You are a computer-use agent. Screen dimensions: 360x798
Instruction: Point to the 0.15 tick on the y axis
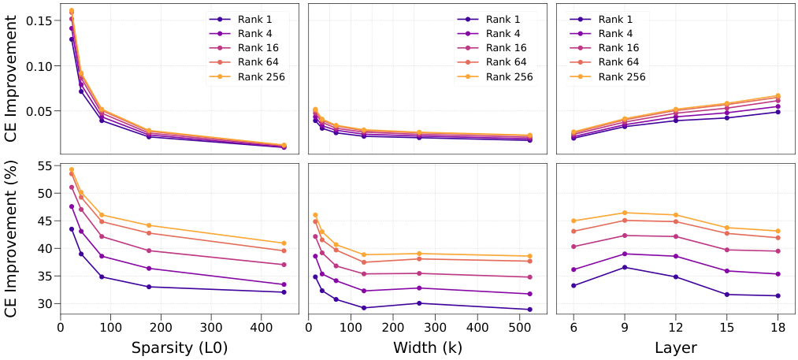click(39, 20)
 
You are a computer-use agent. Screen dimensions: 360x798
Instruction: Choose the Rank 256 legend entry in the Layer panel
click(620, 76)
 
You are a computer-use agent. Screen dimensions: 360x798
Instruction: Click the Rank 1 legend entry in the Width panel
click(494, 19)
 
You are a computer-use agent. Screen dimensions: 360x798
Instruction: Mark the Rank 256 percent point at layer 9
click(625, 213)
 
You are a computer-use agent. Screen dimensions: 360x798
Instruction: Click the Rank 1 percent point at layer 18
click(778, 295)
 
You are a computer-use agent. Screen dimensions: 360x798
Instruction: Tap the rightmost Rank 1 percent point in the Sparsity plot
click(284, 291)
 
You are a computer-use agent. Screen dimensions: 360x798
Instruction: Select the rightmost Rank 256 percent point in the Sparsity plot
click(284, 243)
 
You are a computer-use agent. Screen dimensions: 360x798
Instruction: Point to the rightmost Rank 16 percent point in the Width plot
click(529, 276)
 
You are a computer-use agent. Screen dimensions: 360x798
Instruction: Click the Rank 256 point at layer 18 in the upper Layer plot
click(778, 96)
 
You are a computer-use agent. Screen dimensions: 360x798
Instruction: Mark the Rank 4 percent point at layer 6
click(573, 269)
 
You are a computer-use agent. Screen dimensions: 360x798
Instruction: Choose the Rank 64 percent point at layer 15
click(726, 233)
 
